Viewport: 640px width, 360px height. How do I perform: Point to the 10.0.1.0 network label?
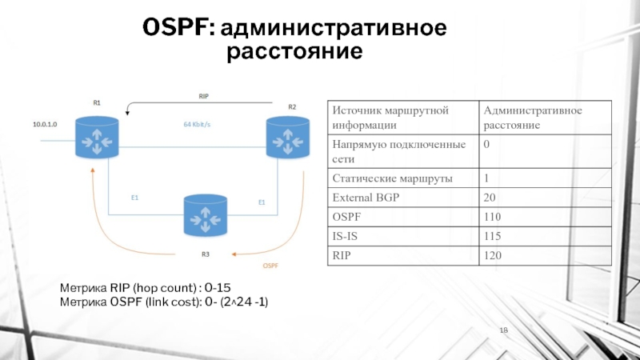46,126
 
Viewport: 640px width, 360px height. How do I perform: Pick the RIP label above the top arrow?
203,96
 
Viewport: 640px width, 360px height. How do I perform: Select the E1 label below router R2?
261,202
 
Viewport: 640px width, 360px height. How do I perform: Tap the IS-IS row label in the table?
345,237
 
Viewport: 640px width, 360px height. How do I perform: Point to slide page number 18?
504,331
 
